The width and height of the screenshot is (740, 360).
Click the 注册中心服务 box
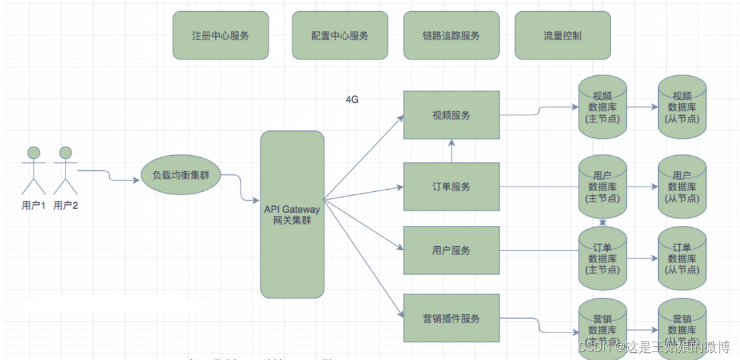(x=220, y=35)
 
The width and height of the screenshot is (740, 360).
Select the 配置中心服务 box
(x=340, y=35)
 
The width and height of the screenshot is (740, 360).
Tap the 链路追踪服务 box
(x=451, y=35)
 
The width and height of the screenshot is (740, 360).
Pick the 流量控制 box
(x=563, y=35)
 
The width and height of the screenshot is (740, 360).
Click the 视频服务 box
(x=451, y=115)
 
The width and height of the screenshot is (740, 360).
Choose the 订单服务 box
(x=451, y=187)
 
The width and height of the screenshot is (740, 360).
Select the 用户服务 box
(x=451, y=250)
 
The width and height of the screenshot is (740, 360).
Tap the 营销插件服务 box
(x=451, y=318)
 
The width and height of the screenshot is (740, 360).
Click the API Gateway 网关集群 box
(x=292, y=215)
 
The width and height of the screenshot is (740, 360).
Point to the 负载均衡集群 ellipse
(x=181, y=175)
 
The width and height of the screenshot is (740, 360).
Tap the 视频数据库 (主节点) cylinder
(x=603, y=107)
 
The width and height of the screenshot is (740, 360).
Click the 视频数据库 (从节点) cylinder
(x=682, y=107)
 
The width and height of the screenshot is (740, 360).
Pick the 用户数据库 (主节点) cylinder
(x=603, y=187)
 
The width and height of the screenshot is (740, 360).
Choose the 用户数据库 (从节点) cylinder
(x=682, y=187)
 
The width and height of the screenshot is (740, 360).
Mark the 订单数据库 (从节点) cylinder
(x=682, y=259)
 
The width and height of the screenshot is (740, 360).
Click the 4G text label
(x=352, y=99)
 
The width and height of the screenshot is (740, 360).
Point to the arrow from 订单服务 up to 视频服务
(x=451, y=151)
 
